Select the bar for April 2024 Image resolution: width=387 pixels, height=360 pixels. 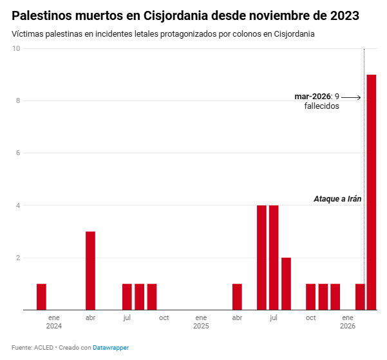pyautogui.click(x=90, y=270)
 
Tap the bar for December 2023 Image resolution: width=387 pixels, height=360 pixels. pyautogui.click(x=41, y=296)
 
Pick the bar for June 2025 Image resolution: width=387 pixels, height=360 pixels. pyautogui.click(x=261, y=258)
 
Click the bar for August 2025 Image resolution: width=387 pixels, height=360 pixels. pyautogui.click(x=286, y=283)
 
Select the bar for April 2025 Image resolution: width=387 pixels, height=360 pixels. pyautogui.click(x=237, y=296)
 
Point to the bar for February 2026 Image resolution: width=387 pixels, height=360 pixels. pyautogui.click(x=360, y=296)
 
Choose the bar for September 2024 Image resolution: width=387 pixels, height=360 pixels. pyautogui.click(x=152, y=296)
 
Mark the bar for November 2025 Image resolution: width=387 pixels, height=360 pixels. pyautogui.click(x=323, y=296)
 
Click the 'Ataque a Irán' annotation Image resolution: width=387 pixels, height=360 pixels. pyautogui.click(x=337, y=199)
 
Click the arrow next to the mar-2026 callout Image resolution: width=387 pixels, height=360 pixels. pyautogui.click(x=352, y=97)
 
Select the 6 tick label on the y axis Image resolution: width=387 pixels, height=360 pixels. pyautogui.click(x=17, y=153)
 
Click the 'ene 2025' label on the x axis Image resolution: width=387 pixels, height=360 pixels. pyautogui.click(x=201, y=322)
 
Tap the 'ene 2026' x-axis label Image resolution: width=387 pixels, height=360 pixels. pyautogui.click(x=348, y=322)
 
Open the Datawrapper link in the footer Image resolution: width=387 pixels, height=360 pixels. pyautogui.click(x=111, y=348)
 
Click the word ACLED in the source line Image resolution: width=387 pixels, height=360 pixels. pyautogui.click(x=42, y=348)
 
